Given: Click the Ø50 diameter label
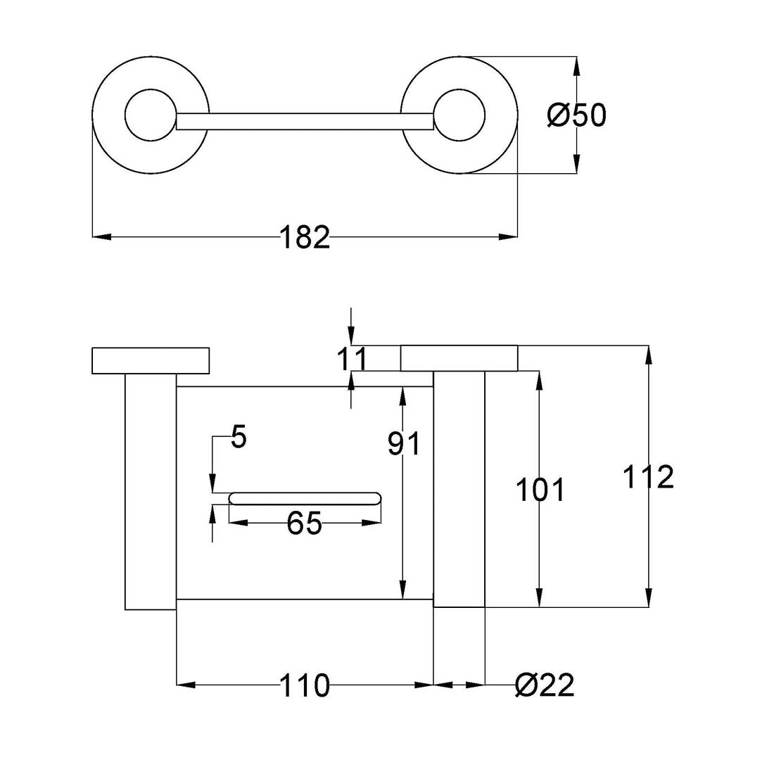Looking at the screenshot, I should [576, 115].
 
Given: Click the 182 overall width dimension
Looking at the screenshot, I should [305, 238].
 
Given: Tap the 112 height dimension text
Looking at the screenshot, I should [648, 478].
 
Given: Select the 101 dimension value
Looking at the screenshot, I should [540, 490].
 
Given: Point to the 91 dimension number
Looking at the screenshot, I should [404, 444].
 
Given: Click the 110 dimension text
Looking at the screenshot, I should [305, 685].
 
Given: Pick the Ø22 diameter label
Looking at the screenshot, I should [545, 685].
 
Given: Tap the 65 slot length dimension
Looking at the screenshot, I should [305, 524].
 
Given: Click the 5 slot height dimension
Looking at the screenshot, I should [239, 438].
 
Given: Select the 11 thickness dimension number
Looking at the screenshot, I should [351, 360].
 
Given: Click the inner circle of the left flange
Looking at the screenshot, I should [150, 115].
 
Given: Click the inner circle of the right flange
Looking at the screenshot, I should [459, 115].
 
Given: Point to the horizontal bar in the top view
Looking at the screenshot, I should [304, 122].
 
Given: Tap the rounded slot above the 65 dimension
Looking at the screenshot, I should [305, 499].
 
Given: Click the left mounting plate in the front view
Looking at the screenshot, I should [151, 360].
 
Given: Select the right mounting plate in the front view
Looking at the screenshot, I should [459, 358].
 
